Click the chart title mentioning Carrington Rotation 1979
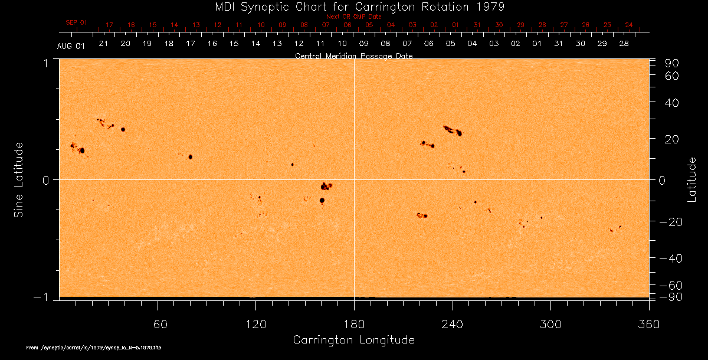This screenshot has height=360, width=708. pos(353,6)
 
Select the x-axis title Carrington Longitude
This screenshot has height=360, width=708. pos(353,340)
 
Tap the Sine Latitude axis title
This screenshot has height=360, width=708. pos(19,179)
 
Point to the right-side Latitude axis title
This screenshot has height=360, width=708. pos(692,179)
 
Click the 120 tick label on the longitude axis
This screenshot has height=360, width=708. pos(255,324)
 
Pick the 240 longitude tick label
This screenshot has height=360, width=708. pos(453,324)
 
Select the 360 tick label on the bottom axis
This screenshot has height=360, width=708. pos(649,324)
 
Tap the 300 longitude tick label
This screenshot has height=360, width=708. pos(550,324)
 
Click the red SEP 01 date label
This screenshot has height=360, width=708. pos(76,22)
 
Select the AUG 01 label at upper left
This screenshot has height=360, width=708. pos(71,46)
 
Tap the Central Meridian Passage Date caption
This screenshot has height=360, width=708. pos(353,56)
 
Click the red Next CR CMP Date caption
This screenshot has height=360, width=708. pos(353,17)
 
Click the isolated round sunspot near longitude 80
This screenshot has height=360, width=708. pos(191,157)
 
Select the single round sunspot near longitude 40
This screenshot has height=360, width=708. pos(123,129)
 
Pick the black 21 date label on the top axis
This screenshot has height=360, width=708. pos(103,44)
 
